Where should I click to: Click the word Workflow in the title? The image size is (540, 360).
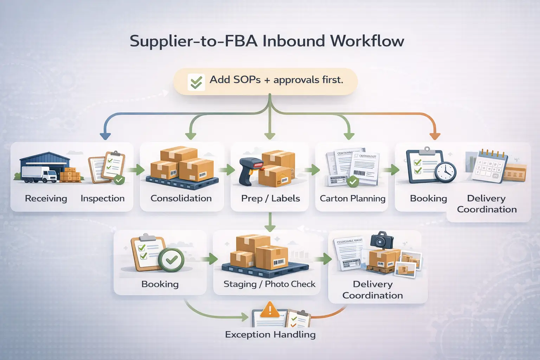pyautogui.click(x=367, y=41)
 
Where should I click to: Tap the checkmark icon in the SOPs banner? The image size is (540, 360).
pyautogui.click(x=196, y=82)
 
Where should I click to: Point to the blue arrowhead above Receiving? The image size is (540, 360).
pyautogui.click(x=105, y=136)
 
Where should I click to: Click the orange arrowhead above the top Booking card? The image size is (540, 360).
pyautogui.click(x=435, y=136)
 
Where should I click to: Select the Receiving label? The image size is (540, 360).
pyautogui.click(x=46, y=199)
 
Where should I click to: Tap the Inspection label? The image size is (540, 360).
pyautogui.click(x=102, y=199)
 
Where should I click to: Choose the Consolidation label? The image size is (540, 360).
pyautogui.click(x=181, y=199)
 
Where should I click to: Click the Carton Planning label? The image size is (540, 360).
pyautogui.click(x=352, y=199)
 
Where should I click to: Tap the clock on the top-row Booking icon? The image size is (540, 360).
pyautogui.click(x=445, y=172)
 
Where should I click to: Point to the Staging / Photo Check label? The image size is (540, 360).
pyautogui.click(x=269, y=284)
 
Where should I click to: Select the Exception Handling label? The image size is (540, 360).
pyautogui.click(x=270, y=334)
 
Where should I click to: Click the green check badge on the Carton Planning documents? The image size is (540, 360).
pyautogui.click(x=353, y=182)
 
